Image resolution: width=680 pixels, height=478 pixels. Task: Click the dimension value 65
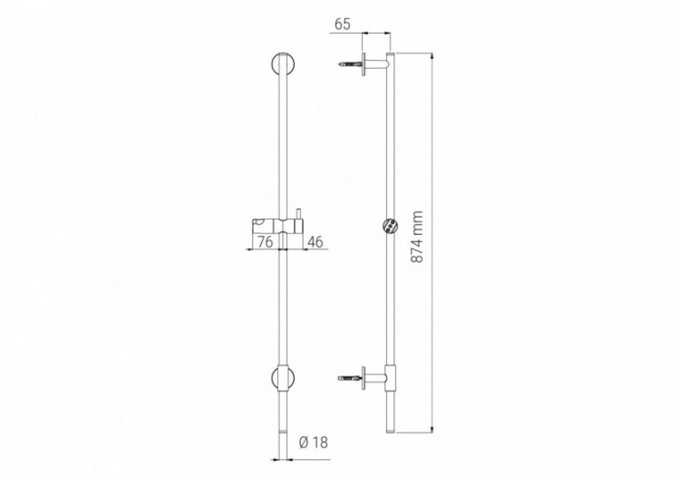pos(343,24)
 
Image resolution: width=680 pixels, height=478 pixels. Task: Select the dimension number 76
pos(265,241)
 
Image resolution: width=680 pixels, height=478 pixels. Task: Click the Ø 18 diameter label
pos(313,443)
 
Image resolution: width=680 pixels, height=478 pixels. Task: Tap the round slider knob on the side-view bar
pos(390,226)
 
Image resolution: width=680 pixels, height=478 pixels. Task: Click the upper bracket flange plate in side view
pos(364,65)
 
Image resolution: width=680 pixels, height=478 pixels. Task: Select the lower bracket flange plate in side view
pos(364,376)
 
